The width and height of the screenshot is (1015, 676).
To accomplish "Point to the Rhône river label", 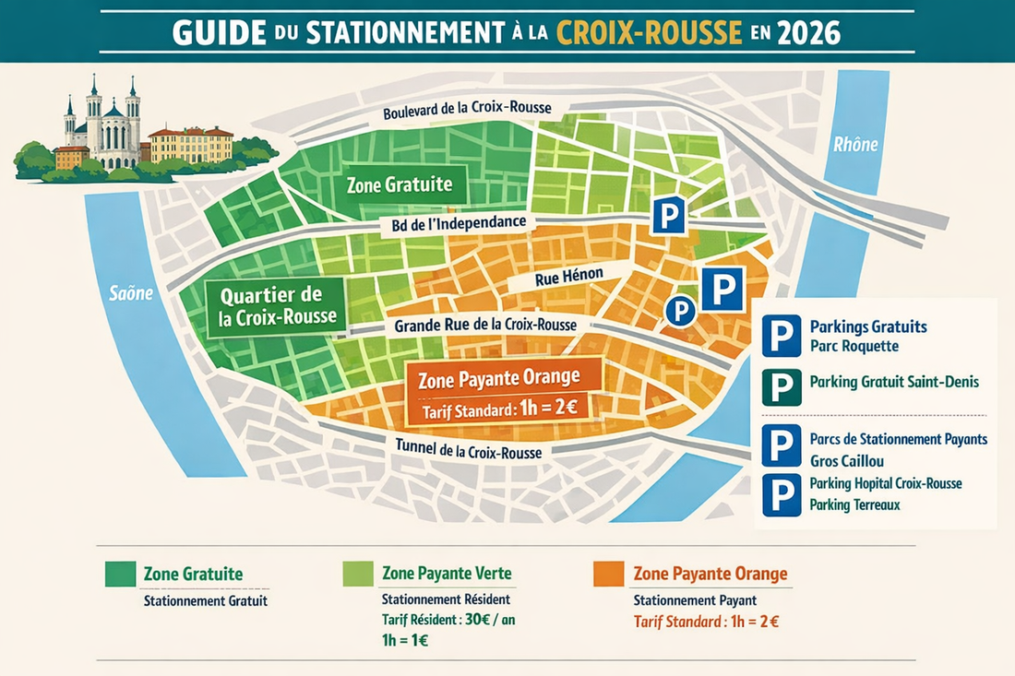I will click(x=855, y=144).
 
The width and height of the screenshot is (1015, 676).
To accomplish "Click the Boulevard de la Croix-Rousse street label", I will click(x=468, y=109).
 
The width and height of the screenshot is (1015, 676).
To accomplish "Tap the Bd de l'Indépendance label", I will click(x=453, y=223).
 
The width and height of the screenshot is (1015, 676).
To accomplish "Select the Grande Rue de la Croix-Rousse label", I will click(x=484, y=326).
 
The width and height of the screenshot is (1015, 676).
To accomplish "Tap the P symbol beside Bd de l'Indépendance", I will click(x=668, y=215).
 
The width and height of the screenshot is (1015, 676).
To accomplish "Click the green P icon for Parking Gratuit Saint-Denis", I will click(x=782, y=386).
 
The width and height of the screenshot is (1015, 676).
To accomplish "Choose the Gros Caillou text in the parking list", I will click(x=847, y=459).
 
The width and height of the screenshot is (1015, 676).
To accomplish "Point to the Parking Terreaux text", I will click(x=854, y=505).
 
